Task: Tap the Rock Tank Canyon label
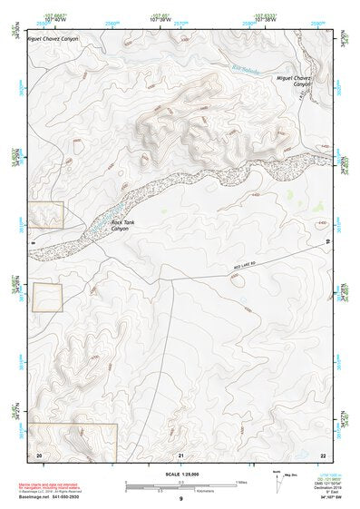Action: tap(122, 225)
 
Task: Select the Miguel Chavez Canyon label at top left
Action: tap(52, 39)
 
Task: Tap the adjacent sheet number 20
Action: tap(39, 453)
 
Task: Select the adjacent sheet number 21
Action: tap(182, 453)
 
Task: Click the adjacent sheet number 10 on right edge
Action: tap(327, 240)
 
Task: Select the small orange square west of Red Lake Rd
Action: tap(47, 297)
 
